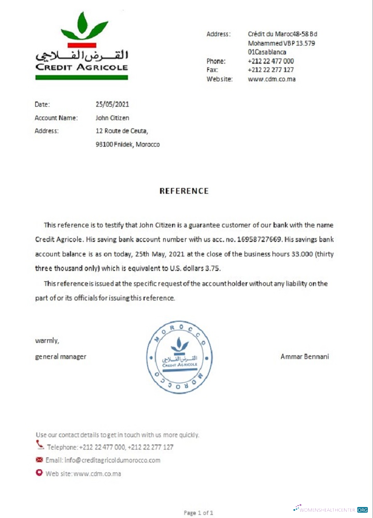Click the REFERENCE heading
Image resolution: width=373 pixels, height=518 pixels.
184,191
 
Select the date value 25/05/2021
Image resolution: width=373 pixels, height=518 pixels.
112,104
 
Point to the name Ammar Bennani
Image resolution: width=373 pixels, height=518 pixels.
305,356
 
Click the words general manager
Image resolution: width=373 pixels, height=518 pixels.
61,356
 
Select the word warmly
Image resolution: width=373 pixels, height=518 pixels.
47,341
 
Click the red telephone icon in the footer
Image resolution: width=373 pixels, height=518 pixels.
40,444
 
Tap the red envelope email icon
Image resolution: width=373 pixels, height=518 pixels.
39,460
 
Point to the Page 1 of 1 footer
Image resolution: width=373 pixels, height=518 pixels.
198,513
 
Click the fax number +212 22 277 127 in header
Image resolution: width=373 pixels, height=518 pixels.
270,70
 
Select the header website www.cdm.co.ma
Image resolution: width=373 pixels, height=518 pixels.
271,79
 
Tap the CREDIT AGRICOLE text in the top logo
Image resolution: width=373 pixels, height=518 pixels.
81,67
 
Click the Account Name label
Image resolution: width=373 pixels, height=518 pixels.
56,118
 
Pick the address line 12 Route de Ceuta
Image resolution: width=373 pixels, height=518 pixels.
122,131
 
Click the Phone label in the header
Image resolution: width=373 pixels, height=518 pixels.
216,61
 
